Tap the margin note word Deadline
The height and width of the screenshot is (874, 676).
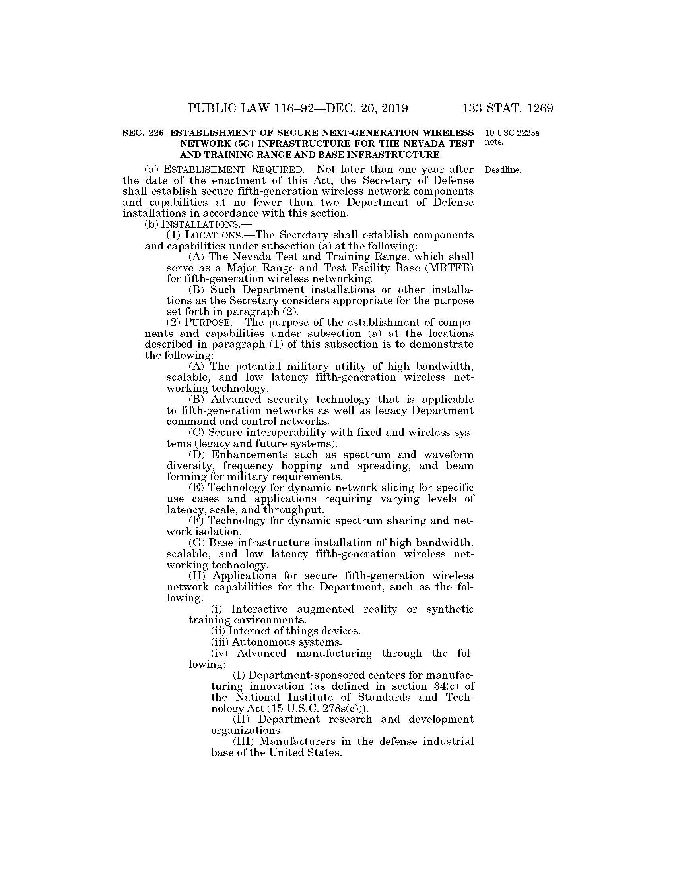[503, 170]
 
